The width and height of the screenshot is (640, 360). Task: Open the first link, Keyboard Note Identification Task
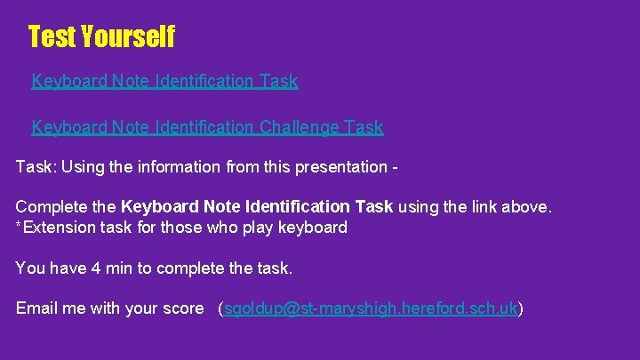(164, 82)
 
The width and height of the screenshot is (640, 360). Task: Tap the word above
(528, 207)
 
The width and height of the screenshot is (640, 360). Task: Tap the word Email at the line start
(36, 308)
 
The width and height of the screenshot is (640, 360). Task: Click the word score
(183, 309)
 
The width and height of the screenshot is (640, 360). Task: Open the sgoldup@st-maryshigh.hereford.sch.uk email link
(371, 309)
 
